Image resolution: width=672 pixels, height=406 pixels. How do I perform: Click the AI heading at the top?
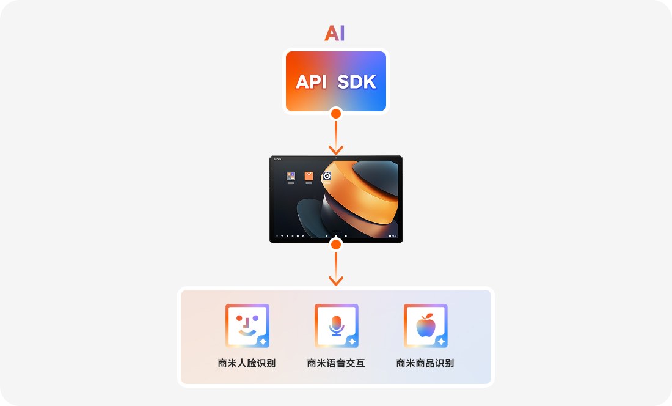(x=335, y=33)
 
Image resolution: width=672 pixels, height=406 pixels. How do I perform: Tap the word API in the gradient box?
(x=312, y=82)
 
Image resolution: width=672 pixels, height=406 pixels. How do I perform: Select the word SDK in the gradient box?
(x=357, y=82)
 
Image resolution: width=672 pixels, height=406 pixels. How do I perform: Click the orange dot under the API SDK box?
(x=335, y=113)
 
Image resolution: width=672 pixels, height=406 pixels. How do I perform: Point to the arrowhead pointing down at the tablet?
(x=335, y=150)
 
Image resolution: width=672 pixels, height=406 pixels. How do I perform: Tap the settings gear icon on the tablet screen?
(x=327, y=176)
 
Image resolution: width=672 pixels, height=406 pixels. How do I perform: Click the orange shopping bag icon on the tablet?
(x=309, y=176)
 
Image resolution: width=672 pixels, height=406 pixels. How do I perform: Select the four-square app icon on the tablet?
(x=291, y=176)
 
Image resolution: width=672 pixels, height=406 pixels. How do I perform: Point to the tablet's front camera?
(x=336, y=158)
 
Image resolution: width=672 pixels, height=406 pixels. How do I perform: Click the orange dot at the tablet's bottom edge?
(x=335, y=245)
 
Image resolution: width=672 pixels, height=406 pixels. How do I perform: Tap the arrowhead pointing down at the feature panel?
(x=335, y=281)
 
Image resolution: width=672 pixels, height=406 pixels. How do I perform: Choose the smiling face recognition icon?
(x=246, y=325)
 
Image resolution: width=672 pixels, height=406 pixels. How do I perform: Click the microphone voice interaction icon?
(x=336, y=325)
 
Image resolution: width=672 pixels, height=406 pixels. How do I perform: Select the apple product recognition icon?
(x=425, y=325)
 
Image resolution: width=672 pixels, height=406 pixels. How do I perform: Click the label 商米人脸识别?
(x=246, y=363)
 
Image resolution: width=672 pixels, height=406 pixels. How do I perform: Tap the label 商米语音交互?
(x=336, y=363)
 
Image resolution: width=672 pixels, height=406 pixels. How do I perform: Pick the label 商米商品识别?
(x=425, y=363)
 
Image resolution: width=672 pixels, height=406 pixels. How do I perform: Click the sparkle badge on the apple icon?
(x=440, y=342)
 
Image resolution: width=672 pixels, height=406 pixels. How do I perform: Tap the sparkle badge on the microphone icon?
(x=352, y=342)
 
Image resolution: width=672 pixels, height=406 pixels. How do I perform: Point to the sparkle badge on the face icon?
(x=262, y=342)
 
